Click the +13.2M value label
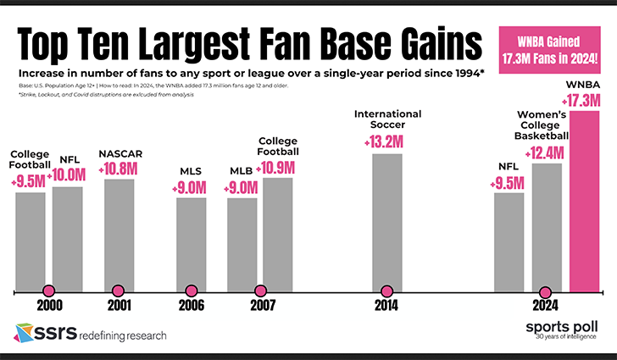387,140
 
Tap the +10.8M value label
119,167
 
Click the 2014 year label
386,306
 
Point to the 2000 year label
47,306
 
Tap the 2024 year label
547,306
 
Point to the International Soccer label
387,119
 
